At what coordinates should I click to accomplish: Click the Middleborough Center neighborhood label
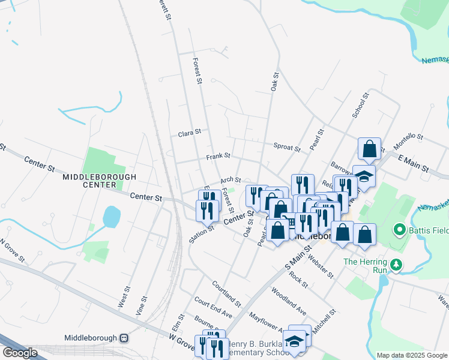(x=100, y=181)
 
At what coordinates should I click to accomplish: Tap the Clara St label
(x=189, y=134)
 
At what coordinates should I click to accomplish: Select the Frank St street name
(x=218, y=156)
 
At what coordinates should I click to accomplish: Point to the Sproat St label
(x=286, y=147)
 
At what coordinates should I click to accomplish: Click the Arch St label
(x=230, y=179)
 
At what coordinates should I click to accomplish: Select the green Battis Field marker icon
(x=397, y=230)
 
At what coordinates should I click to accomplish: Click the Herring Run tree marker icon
(x=395, y=265)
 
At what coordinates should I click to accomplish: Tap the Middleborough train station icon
(x=124, y=338)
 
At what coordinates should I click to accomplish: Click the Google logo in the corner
(x=20, y=353)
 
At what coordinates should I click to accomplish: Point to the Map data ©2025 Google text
(x=412, y=355)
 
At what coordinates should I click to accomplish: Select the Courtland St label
(x=226, y=293)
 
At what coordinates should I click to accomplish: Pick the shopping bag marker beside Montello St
(x=369, y=149)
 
